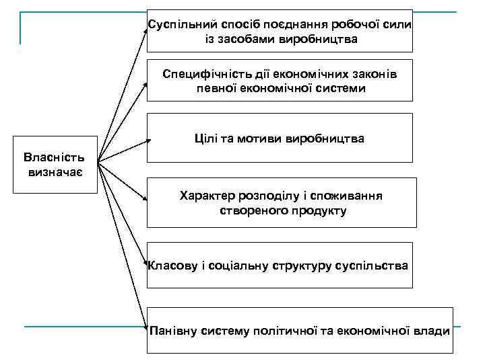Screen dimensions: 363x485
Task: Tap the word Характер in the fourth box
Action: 207,196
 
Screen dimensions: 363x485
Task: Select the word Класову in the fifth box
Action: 172,266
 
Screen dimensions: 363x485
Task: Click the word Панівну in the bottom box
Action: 174,331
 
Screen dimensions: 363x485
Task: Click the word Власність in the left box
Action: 54,159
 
